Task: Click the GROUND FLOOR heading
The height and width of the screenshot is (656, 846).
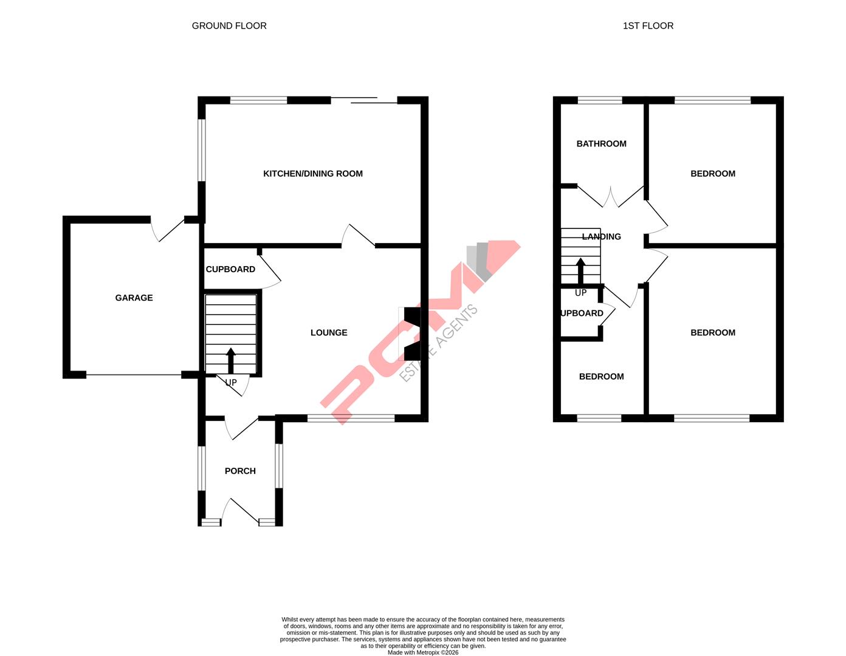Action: tap(229, 26)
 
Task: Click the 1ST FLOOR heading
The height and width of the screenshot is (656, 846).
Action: tap(648, 26)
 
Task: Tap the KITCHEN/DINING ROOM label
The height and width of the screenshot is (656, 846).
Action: tap(312, 174)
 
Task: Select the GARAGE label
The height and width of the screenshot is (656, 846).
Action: tap(134, 298)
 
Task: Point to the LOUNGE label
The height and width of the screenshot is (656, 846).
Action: tap(329, 333)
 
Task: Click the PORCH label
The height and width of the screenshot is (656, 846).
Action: tap(240, 471)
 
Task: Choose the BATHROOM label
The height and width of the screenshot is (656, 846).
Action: tap(601, 144)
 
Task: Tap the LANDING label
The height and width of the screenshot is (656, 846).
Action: tap(601, 237)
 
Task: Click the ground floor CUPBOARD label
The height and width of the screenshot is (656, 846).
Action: tap(230, 270)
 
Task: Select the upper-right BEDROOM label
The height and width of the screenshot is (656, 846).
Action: tap(712, 174)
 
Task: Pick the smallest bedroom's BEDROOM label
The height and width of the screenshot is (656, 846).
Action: tap(601, 377)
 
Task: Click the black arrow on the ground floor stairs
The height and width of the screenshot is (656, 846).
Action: tap(231, 360)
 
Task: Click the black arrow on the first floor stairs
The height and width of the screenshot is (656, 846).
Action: tap(580, 271)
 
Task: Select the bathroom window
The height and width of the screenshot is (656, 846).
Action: tap(600, 100)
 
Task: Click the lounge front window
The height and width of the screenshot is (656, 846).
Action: tap(351, 418)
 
